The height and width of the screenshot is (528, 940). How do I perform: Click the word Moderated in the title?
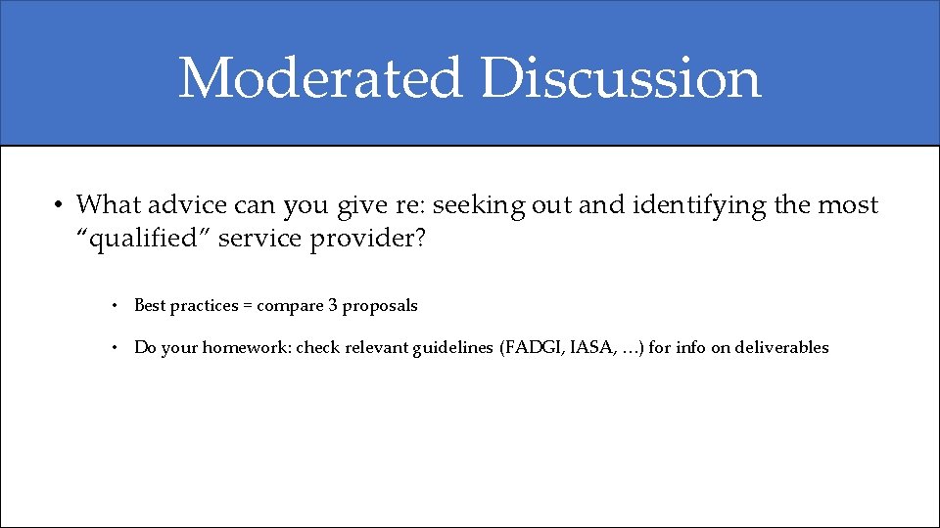[x=319, y=78]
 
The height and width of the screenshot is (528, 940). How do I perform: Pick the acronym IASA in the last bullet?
[x=591, y=347]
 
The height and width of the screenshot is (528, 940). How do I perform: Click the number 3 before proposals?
[x=333, y=306]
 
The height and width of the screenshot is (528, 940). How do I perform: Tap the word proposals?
[x=380, y=306]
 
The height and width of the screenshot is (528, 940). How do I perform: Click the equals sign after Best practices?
[x=248, y=306]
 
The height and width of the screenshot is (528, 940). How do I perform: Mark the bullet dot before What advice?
[x=59, y=206]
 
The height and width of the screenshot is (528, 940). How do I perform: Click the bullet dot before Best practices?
[x=115, y=306]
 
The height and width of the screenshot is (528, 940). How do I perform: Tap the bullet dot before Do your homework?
[x=115, y=348]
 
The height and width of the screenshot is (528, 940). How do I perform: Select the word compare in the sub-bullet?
[x=290, y=306]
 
